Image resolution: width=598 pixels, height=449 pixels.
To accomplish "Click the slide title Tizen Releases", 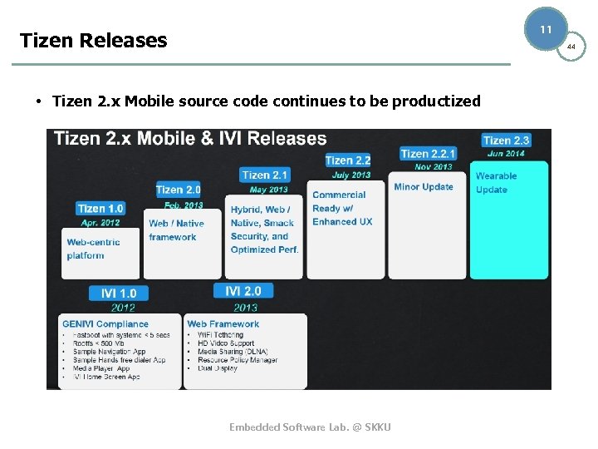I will coord(93,40).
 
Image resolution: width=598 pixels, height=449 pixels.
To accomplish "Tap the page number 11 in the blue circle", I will coord(546,29).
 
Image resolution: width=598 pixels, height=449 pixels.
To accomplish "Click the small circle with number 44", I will coord(571,47).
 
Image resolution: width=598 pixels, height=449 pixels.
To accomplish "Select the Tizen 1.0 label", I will coord(100,209).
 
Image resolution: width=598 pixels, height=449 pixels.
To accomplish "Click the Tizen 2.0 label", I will coord(179,190).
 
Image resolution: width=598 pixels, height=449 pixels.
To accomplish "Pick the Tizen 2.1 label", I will coord(265,175).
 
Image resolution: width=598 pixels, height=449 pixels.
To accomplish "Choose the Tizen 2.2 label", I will coord(347,160).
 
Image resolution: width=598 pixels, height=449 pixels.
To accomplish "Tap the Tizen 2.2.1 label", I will coord(428,153).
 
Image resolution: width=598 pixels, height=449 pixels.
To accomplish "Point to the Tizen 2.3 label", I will coord(506,141).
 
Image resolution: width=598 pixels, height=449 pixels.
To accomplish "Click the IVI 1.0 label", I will coord(119,293).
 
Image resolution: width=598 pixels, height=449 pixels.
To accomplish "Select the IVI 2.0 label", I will coord(243,291).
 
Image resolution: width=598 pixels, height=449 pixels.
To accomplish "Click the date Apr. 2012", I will coord(100,223).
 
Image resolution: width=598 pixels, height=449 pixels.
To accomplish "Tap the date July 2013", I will coord(350,175).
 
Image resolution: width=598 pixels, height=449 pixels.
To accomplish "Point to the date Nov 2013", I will coord(434,166).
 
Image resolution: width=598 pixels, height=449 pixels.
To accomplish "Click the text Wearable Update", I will coord(496,183).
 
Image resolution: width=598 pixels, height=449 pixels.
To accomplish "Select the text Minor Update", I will coord(424,187).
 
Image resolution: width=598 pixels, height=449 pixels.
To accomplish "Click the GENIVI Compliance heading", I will coord(105,324).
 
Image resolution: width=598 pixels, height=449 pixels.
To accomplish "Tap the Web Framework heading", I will coord(223,324).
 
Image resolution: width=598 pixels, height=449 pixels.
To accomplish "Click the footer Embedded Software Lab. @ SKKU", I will coord(310,427).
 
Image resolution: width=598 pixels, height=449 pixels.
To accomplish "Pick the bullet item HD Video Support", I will coord(226,343).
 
